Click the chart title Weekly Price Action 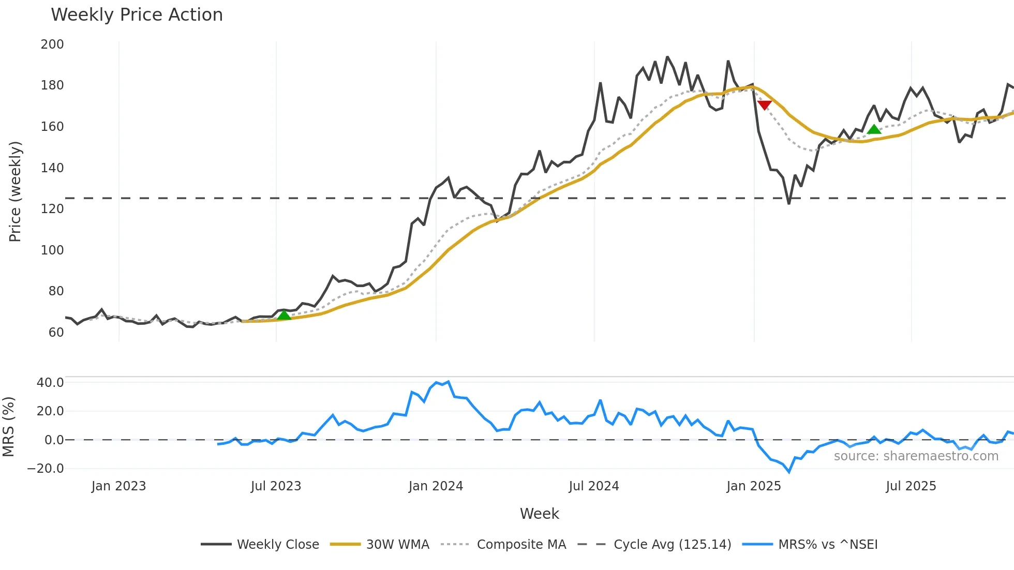pos(137,15)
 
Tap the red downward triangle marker pos(764,105)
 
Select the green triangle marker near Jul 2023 pos(284,315)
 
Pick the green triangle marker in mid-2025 pos(874,129)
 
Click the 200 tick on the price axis pos(52,44)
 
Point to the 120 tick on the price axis pos(52,209)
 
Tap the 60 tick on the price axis pos(56,333)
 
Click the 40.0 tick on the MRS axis pos(50,383)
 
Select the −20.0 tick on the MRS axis pos(46,469)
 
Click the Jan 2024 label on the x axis pos(436,486)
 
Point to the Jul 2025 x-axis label pos(911,486)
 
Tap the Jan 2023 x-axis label pos(118,486)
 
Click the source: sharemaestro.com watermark pos(916,456)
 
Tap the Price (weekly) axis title pos(15,191)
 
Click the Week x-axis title pos(539,514)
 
